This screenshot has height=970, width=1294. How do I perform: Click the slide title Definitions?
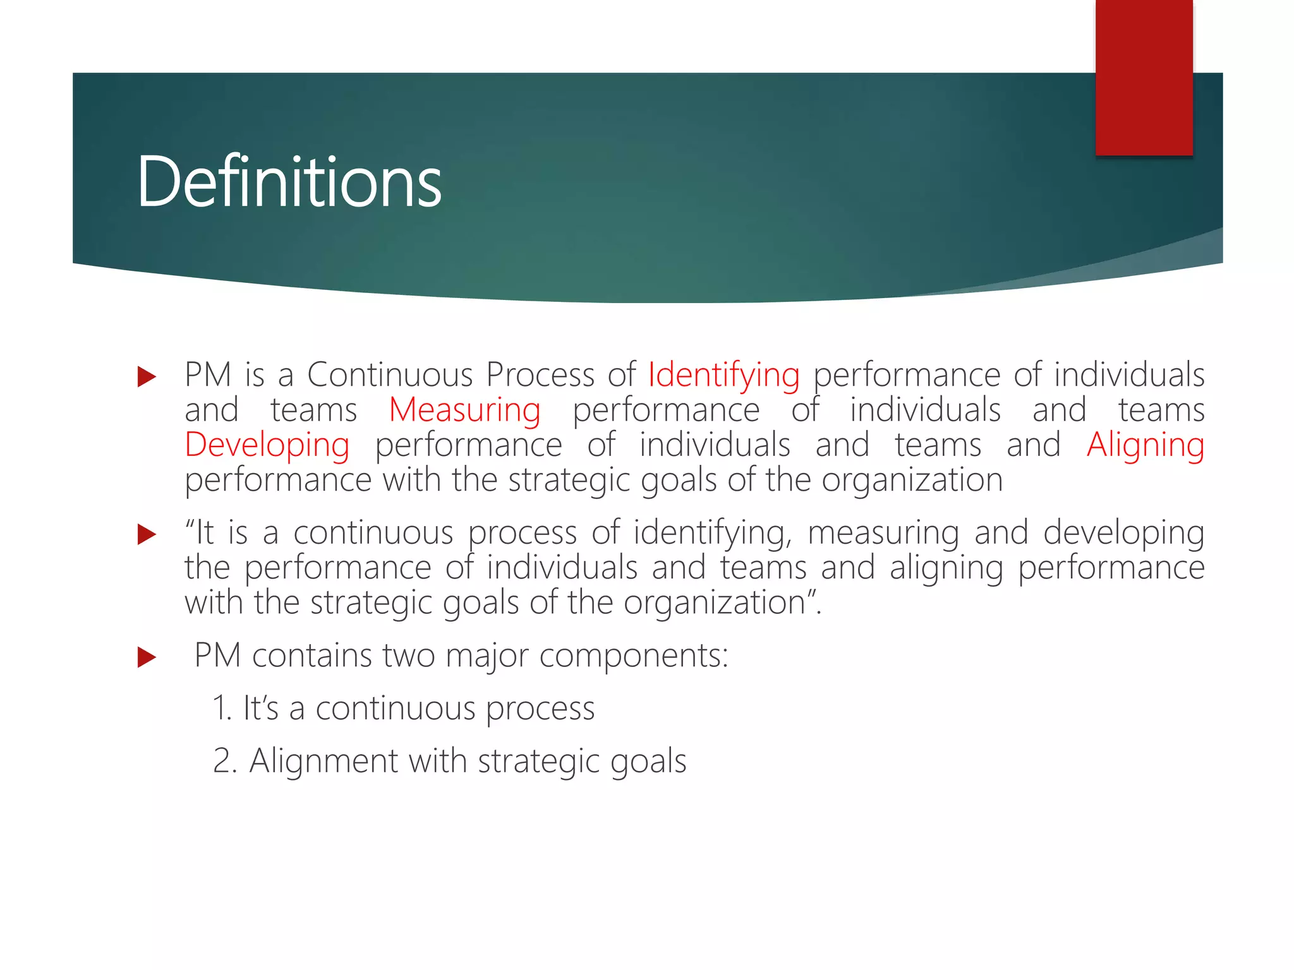(x=289, y=182)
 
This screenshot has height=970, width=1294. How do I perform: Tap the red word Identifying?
(x=723, y=375)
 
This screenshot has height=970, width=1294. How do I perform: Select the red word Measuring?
(x=464, y=410)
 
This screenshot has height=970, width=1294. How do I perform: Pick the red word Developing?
(x=267, y=445)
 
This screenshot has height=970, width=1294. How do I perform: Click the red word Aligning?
(x=1145, y=445)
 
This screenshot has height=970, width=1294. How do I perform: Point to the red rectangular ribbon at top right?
(x=1144, y=78)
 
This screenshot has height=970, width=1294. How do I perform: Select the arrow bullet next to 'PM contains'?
(x=146, y=657)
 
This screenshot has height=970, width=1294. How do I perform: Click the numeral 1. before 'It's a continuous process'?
(x=222, y=708)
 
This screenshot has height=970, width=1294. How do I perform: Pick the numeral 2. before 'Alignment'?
(x=224, y=760)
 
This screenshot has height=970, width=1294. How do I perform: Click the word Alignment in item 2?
(x=323, y=760)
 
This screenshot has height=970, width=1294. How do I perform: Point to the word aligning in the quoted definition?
(x=946, y=568)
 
